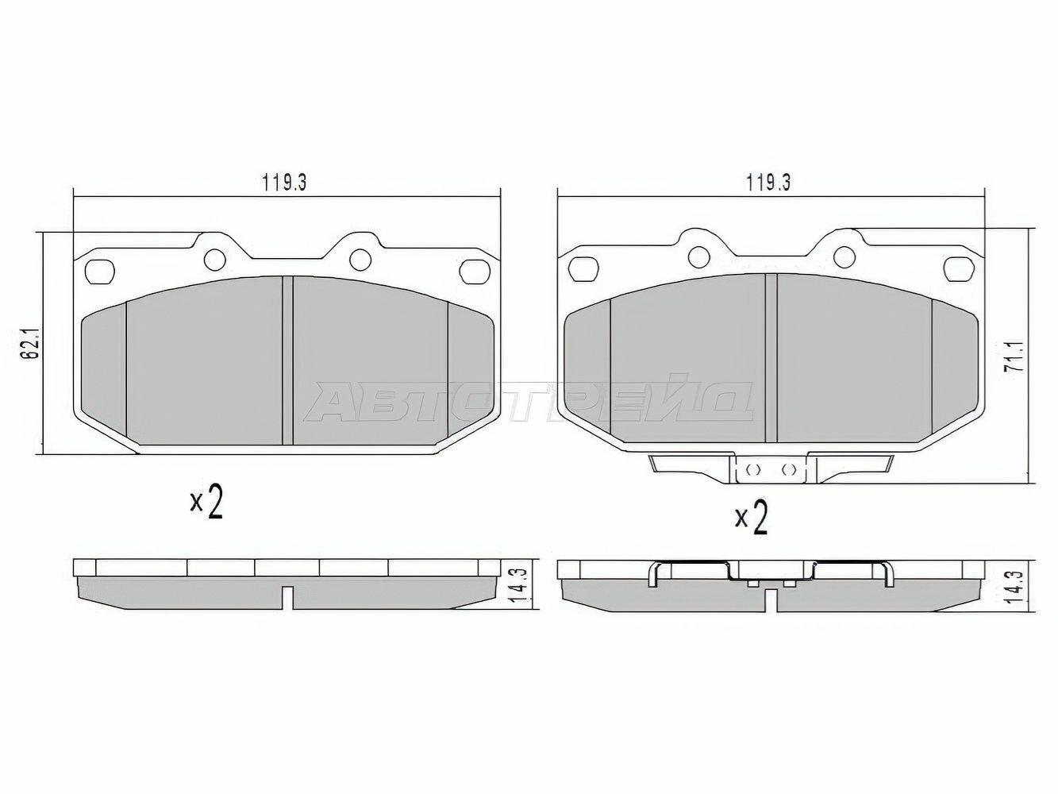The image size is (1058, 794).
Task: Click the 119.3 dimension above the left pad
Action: point(284,183)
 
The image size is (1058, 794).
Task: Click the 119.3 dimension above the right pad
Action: point(768,183)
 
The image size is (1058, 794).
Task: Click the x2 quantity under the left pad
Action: point(206,503)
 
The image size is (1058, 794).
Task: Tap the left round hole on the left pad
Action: point(215,260)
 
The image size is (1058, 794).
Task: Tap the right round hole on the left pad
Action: point(360,260)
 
